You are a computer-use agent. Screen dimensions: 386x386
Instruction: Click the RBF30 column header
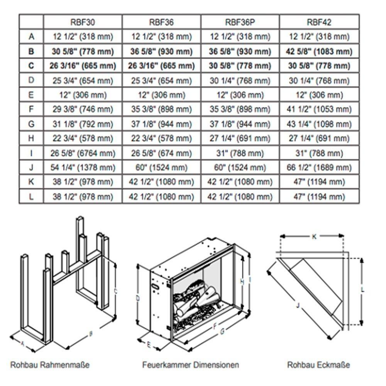(x=83, y=22)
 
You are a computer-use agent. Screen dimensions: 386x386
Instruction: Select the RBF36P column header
(x=240, y=22)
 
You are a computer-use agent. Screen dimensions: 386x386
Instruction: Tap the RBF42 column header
(x=319, y=22)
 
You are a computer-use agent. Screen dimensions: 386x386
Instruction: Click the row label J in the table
(x=31, y=168)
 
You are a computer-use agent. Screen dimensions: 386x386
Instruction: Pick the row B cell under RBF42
(x=319, y=51)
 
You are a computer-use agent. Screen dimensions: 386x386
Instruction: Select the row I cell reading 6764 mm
(x=83, y=153)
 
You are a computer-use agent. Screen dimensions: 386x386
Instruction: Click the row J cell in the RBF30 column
(x=83, y=168)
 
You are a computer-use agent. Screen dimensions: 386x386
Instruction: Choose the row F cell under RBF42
(x=319, y=110)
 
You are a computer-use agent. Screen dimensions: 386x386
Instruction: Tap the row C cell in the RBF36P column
(x=240, y=66)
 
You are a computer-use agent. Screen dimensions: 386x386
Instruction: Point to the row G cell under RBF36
(x=161, y=124)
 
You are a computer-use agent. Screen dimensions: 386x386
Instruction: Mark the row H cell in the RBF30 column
(x=83, y=139)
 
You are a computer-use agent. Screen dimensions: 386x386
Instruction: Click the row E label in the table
(x=31, y=95)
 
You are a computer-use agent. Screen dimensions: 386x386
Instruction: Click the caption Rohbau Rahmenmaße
(x=47, y=364)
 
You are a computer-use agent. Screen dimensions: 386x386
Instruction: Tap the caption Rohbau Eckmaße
(x=319, y=364)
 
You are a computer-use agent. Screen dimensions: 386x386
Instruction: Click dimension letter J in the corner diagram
(x=298, y=305)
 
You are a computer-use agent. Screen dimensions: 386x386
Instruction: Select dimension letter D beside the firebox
(x=138, y=298)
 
